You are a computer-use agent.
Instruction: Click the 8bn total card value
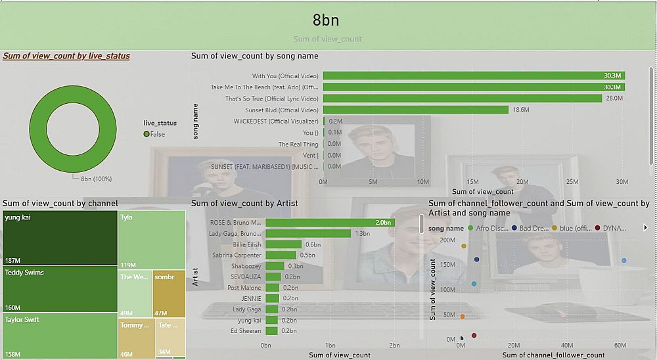point(326,20)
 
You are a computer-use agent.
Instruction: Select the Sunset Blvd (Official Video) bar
point(415,110)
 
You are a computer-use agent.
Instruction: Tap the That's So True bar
point(462,99)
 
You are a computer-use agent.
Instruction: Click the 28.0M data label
point(614,99)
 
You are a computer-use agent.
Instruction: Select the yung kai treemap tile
point(60,236)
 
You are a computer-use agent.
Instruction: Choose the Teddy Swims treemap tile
point(60,288)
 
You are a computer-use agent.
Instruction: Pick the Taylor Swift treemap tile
point(60,335)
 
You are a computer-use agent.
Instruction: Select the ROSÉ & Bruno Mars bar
point(329,222)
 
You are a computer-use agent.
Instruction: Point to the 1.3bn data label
point(362,233)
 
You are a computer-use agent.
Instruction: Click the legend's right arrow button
point(645,228)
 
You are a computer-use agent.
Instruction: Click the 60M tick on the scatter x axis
point(620,346)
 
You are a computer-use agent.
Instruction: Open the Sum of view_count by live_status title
point(66,56)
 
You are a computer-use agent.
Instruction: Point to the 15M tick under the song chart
point(472,181)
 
